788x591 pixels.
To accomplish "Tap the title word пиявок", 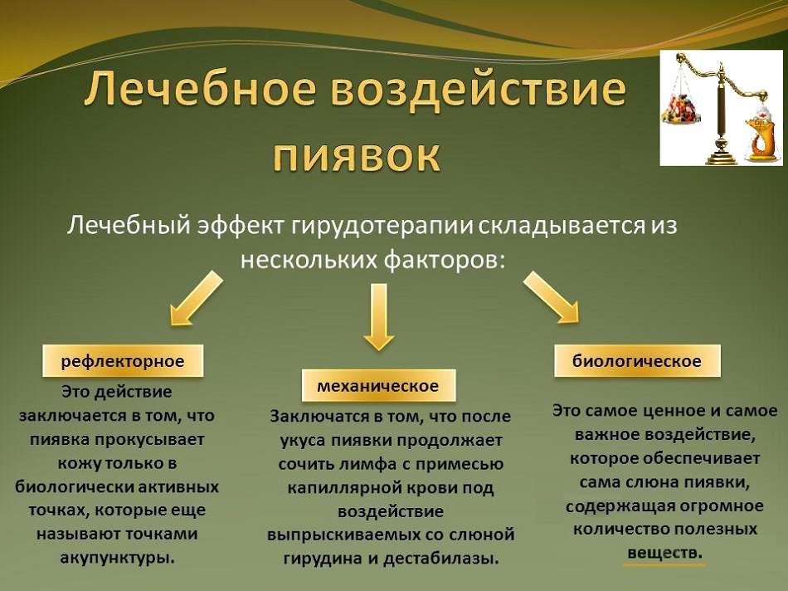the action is [358, 156].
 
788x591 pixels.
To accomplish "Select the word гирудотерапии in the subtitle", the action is [382, 225].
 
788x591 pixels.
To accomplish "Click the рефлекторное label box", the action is [123, 360].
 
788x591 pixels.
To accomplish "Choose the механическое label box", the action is [378, 385].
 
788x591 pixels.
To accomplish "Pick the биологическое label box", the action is [637, 360].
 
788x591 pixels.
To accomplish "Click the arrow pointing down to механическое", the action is [378, 316].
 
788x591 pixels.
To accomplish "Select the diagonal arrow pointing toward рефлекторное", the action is [196, 298].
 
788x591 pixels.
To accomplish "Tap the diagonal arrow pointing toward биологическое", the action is [552, 297].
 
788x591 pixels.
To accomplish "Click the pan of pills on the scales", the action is [680, 108].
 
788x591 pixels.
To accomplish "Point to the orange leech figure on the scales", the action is [757, 134].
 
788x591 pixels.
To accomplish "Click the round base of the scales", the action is [721, 156].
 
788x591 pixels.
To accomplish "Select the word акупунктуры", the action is [118, 557].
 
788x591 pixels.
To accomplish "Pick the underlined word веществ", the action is [664, 554].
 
